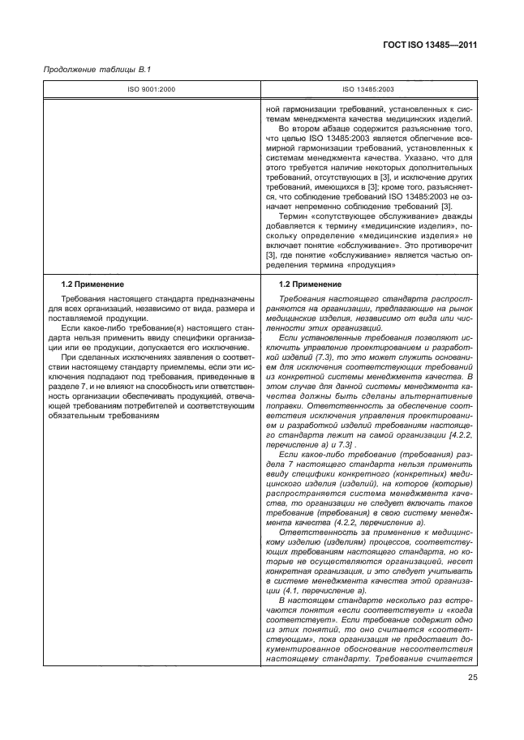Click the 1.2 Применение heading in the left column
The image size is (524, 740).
point(93,284)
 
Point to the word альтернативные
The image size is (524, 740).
point(436,397)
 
